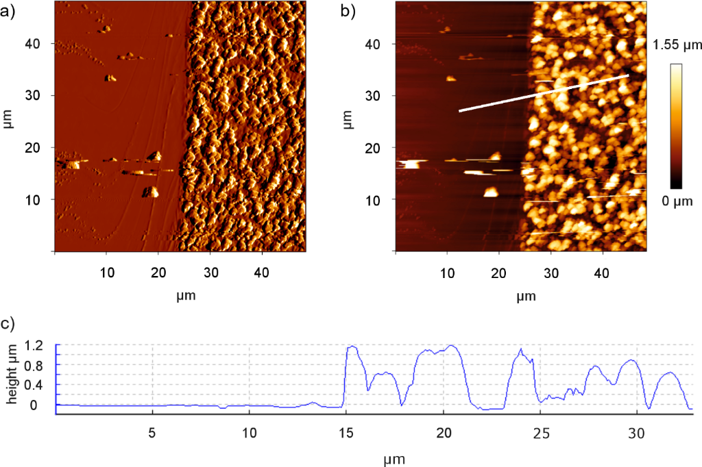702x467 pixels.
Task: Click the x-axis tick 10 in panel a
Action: [106, 273]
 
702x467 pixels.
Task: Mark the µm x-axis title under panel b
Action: [526, 296]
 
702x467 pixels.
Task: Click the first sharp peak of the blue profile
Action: [352, 346]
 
